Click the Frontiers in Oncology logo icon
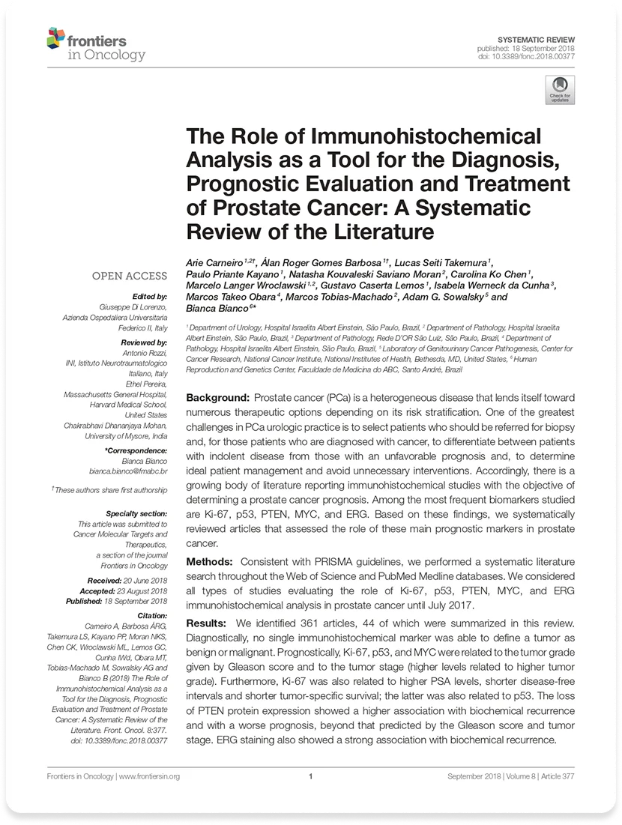coord(55,37)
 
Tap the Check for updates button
coord(560,88)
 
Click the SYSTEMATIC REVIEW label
coord(536,38)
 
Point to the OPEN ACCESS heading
coord(129,276)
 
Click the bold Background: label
coord(217,397)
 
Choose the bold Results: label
coord(205,623)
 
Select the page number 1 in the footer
coord(310,776)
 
